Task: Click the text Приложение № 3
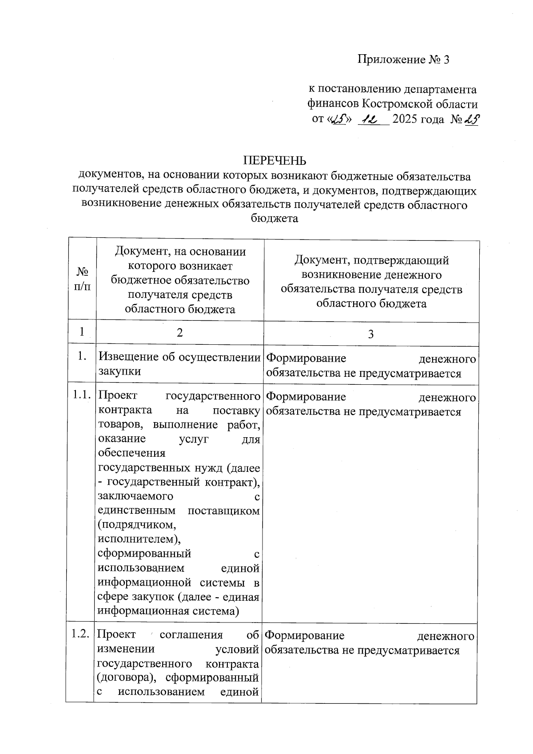404,60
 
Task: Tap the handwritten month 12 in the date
370,119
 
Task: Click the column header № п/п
82,279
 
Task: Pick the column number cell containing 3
371,334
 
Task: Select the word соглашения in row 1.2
191,634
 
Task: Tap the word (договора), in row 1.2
126,678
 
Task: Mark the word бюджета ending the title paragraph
274,219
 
